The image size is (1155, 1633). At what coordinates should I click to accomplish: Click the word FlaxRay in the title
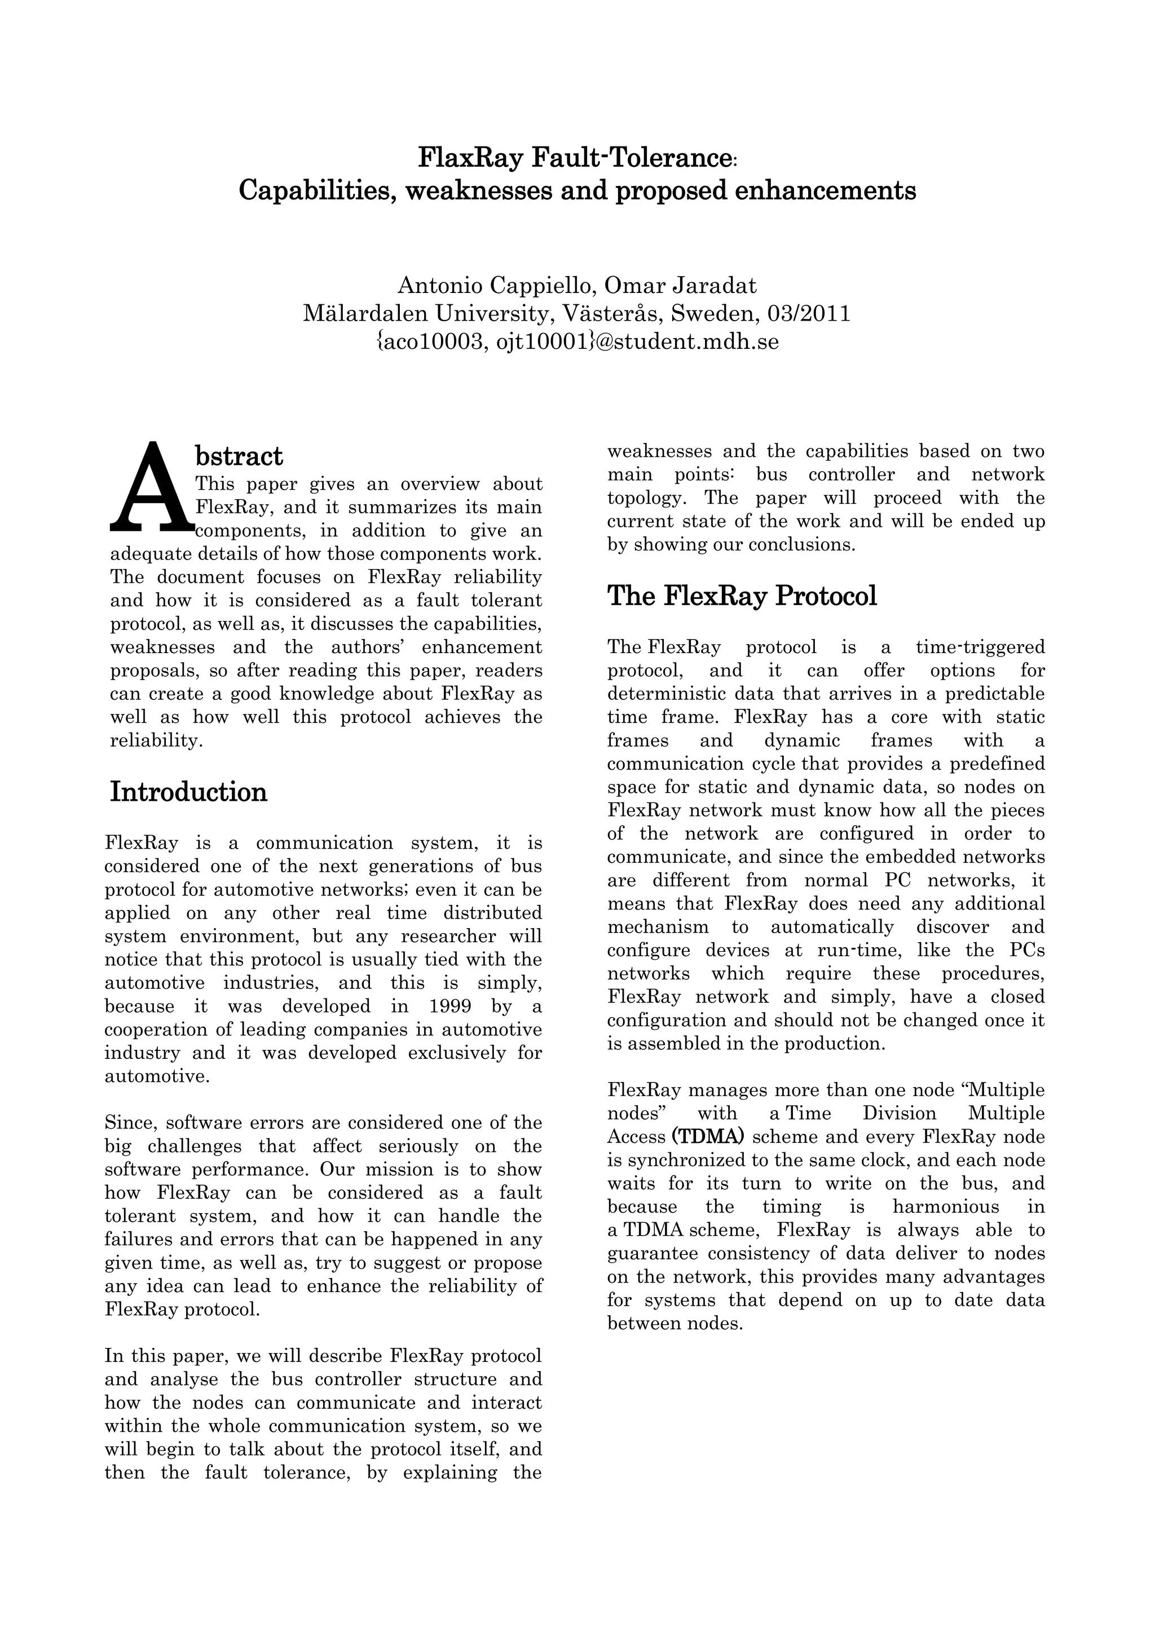[x=471, y=157]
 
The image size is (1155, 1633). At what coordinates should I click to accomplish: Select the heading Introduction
[x=188, y=792]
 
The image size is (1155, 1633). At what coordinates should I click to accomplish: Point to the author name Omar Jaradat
[x=680, y=285]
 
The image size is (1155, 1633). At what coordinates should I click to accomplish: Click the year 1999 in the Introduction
[x=452, y=1006]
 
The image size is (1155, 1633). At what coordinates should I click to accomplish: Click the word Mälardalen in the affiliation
[x=365, y=314]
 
